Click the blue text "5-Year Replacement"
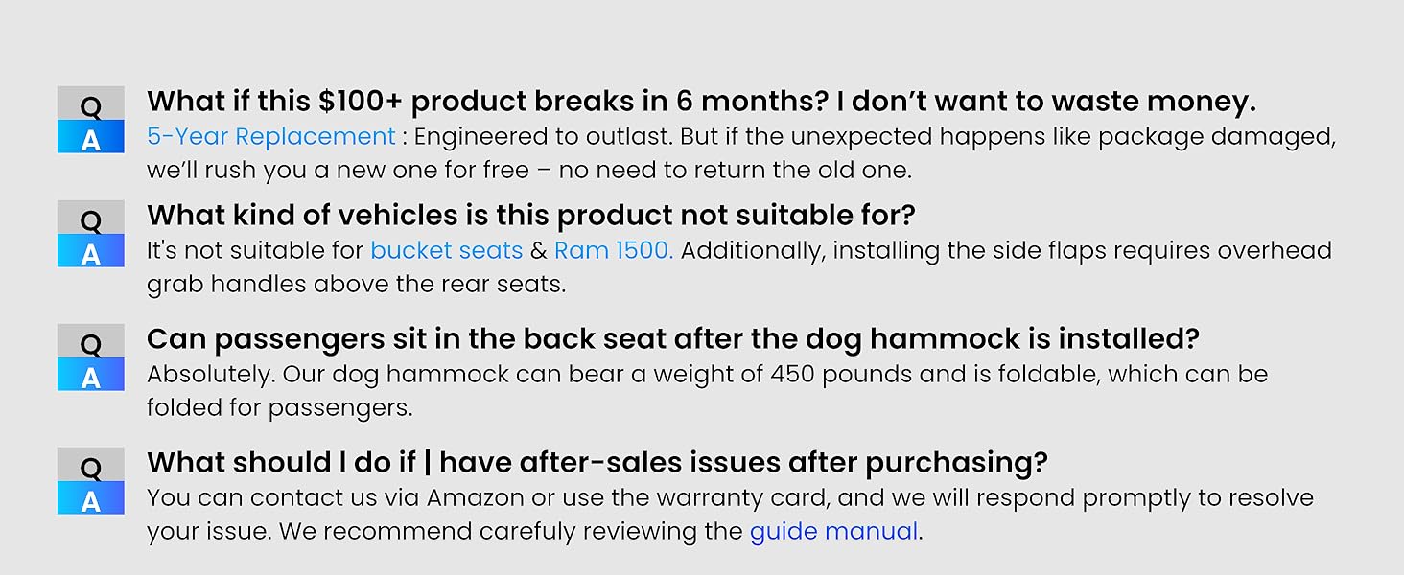[x=270, y=136]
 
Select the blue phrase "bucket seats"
[x=446, y=250]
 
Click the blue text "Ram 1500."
[x=614, y=250]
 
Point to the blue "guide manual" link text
[x=833, y=532]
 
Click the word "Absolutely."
[x=211, y=375]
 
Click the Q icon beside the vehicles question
[x=91, y=218]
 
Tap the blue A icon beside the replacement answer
[x=91, y=136]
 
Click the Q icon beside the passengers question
[x=91, y=341]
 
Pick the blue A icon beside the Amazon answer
[x=91, y=498]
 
